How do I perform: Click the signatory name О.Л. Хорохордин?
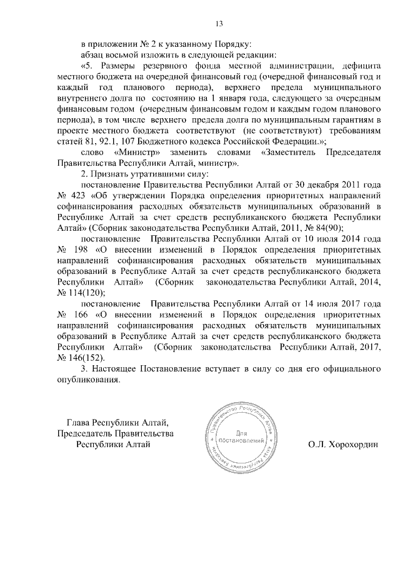343,445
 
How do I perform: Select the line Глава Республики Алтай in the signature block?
117,422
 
